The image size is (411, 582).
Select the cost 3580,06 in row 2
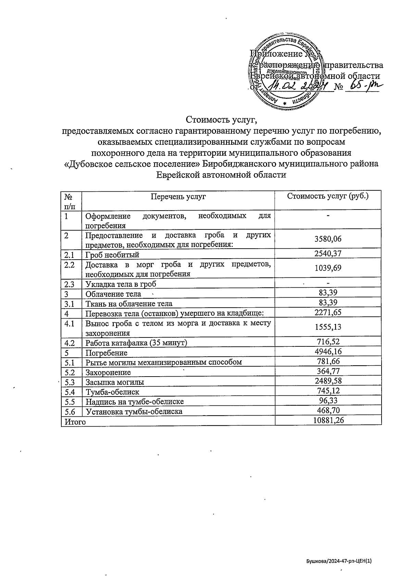coord(328,239)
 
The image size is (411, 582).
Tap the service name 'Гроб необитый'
coord(112,255)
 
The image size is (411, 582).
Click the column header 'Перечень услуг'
coord(178,197)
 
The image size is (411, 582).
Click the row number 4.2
coord(70,342)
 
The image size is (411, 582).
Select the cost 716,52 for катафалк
coord(328,342)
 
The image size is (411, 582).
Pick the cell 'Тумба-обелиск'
coord(112,392)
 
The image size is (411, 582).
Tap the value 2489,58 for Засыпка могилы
coord(328,381)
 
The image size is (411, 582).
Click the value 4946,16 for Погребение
coord(328,352)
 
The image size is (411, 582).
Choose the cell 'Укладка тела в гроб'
coord(121,284)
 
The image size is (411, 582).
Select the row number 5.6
coord(70,411)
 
